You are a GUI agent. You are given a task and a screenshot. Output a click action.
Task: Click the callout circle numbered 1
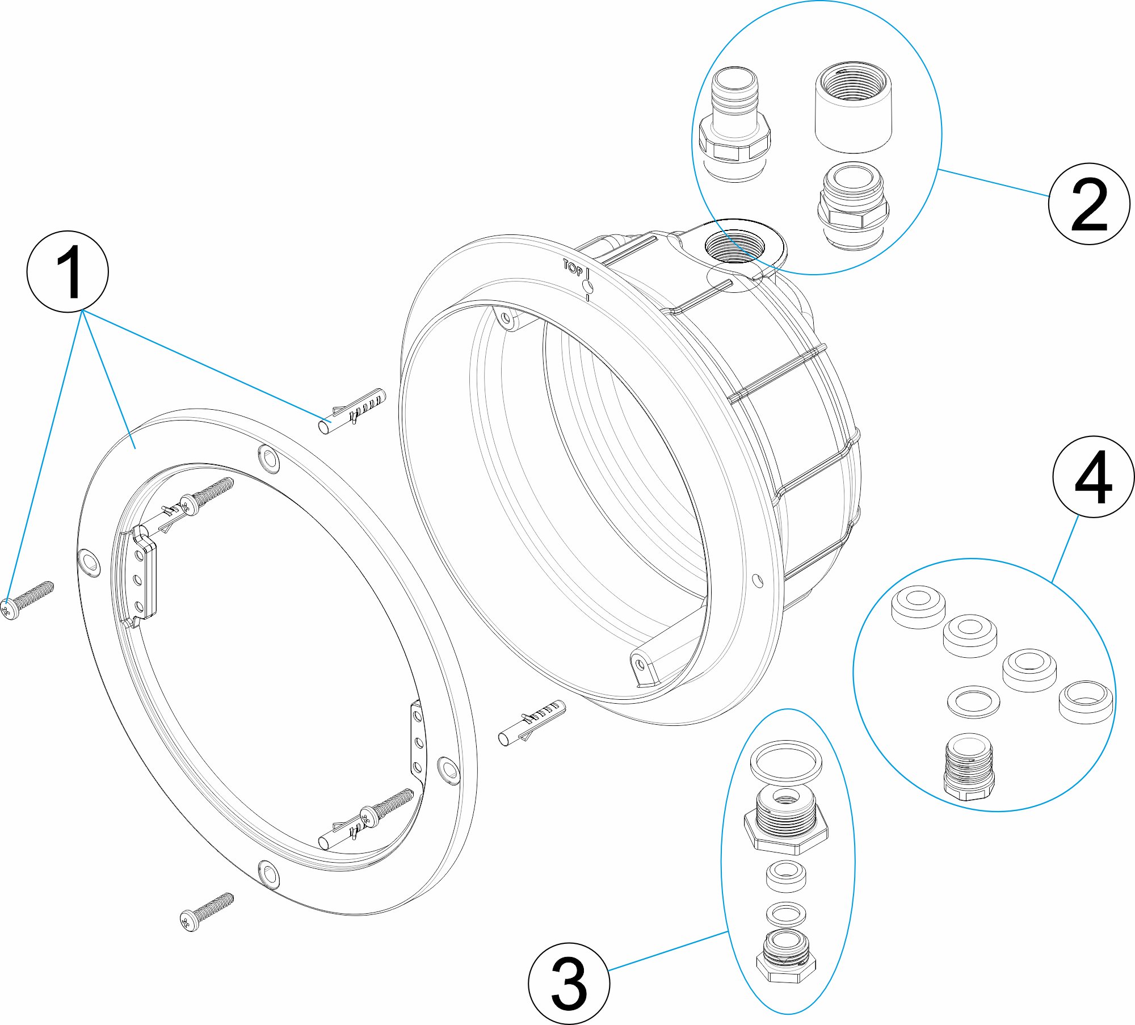(68, 271)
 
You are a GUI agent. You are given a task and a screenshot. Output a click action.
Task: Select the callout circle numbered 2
(1088, 204)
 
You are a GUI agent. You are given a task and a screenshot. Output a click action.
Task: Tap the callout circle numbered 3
(569, 983)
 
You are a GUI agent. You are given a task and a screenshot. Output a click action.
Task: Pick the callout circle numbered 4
(1093, 477)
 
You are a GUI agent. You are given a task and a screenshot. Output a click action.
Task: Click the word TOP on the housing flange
(573, 268)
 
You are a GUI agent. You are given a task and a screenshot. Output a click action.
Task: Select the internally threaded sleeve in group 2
(853, 108)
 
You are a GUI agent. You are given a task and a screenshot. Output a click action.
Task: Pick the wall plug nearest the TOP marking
(352, 411)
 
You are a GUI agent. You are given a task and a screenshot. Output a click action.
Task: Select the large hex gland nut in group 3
(786, 820)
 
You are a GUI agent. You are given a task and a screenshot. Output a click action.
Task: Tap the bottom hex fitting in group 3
(786, 958)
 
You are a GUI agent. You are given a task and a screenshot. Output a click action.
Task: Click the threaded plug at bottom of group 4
(969, 766)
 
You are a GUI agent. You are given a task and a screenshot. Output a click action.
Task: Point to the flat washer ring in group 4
(973, 701)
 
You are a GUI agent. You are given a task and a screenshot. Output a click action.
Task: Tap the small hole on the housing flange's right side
(758, 581)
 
